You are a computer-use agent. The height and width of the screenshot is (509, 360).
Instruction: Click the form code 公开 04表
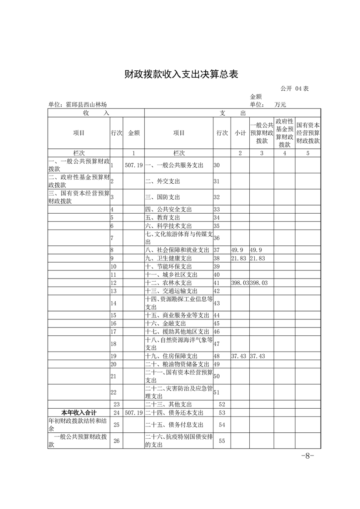[295, 89]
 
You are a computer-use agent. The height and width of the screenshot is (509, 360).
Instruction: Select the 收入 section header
[96, 113]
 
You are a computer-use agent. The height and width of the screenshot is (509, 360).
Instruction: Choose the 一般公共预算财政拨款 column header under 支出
[261, 133]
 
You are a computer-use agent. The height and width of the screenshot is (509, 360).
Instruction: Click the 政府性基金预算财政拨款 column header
[284, 133]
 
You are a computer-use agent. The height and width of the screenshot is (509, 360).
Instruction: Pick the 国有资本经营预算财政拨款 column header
[308, 133]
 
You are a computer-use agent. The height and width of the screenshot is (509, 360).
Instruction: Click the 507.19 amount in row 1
[133, 166]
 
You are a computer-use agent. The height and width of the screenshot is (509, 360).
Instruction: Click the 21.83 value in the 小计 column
[239, 258]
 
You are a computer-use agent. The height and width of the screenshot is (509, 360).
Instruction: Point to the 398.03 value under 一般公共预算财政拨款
[261, 283]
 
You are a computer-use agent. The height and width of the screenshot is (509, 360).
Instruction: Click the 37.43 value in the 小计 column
[239, 356]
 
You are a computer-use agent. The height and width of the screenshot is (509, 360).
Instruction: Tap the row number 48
[217, 356]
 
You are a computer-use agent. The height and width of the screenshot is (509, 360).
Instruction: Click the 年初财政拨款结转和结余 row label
[78, 425]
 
